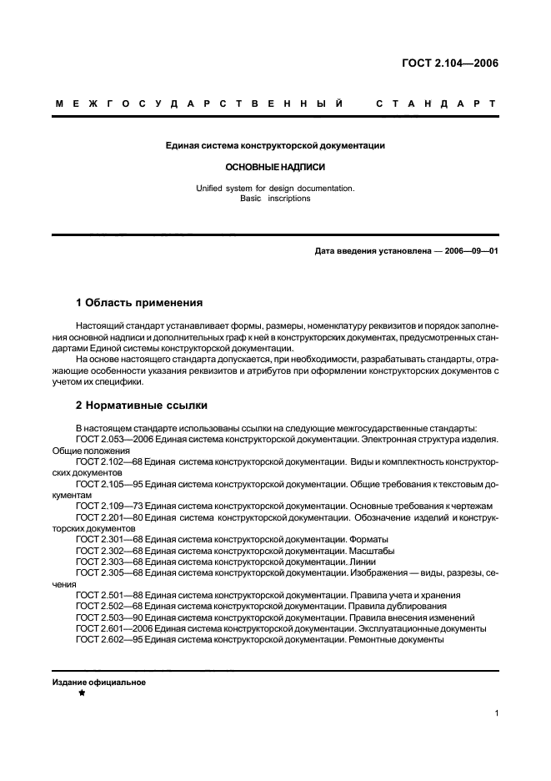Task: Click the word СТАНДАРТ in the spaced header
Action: [436, 104]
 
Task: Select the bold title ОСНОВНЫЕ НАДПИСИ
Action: [274, 166]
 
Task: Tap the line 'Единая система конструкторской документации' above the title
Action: [274, 146]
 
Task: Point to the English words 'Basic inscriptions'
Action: [275, 199]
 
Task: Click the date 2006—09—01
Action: [468, 251]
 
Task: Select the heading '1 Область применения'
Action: [139, 302]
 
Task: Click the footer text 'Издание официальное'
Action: [99, 682]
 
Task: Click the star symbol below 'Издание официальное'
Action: [82, 693]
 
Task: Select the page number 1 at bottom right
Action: [496, 713]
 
